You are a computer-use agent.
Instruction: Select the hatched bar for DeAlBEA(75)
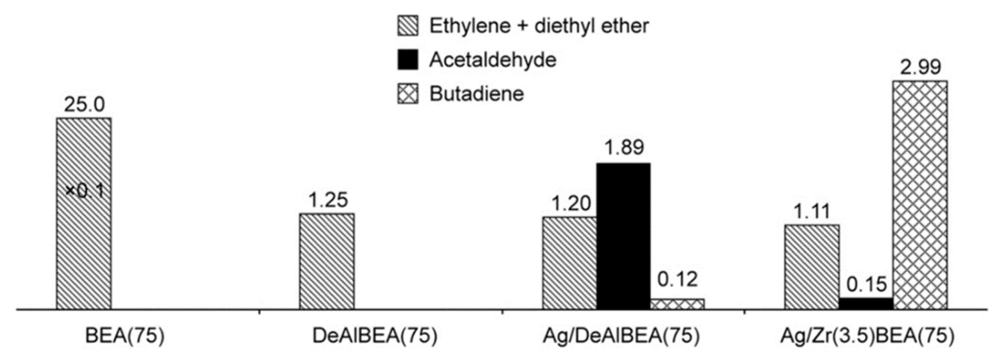click(327, 261)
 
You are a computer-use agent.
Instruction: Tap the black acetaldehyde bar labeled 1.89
click(624, 236)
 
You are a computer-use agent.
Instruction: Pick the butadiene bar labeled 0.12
click(677, 304)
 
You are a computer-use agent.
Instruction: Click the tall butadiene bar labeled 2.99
click(920, 195)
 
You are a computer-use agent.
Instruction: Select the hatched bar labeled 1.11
click(812, 267)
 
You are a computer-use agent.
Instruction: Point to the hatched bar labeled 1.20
click(569, 263)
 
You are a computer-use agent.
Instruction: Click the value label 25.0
click(84, 104)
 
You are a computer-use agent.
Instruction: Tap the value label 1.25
click(328, 200)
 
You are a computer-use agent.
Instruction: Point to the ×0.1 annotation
click(85, 191)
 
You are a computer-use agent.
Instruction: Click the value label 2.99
click(920, 67)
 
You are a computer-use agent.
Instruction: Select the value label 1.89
click(624, 147)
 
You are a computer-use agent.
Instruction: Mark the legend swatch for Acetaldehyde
click(408, 60)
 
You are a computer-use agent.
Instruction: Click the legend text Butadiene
click(476, 94)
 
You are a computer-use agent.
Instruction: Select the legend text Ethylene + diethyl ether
click(539, 26)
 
